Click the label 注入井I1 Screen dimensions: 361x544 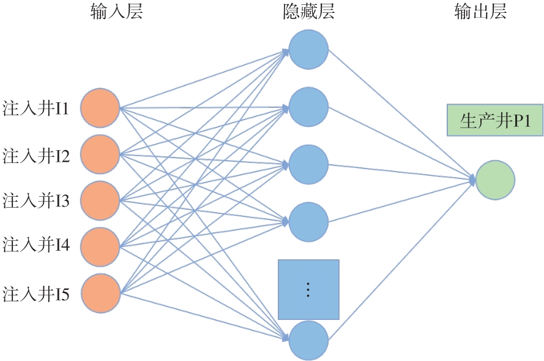(36, 109)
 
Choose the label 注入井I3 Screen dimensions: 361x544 (36, 200)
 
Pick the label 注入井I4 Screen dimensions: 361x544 (36, 246)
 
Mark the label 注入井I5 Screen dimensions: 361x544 (36, 294)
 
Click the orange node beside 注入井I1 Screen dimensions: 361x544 (100, 108)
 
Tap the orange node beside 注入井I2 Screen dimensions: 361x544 (100, 155)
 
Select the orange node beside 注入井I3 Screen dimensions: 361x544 (100, 200)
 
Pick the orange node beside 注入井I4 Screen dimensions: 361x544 (100, 246)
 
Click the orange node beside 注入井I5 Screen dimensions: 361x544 (100, 294)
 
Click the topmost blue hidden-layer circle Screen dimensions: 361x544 (309, 49)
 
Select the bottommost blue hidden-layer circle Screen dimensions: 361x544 (309, 340)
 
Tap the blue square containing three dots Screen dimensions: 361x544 (308, 289)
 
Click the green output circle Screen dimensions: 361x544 (496, 180)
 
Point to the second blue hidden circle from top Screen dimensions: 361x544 (309, 107)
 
